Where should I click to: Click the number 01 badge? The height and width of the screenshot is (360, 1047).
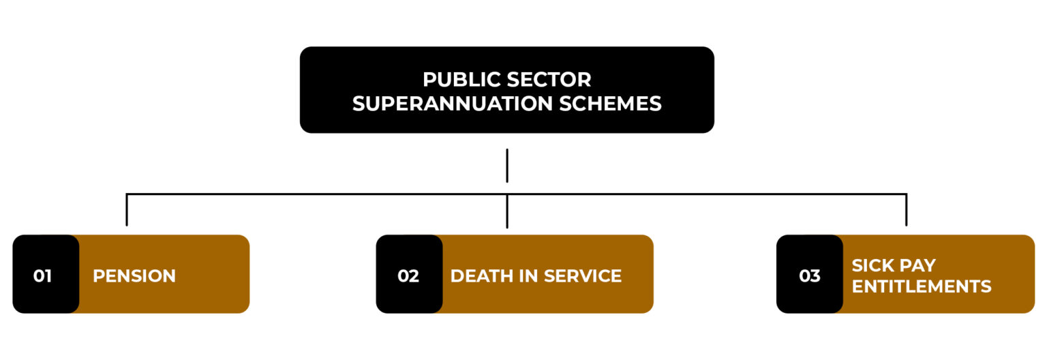(43, 276)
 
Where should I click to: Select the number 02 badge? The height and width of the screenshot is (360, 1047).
(408, 276)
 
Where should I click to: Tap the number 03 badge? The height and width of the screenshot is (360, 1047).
(809, 276)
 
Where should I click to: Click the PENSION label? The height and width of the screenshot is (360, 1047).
(134, 276)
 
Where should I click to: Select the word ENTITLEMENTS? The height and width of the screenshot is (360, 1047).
(922, 286)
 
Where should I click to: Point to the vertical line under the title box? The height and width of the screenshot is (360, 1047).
(507, 166)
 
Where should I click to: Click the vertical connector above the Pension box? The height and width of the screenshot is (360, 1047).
(127, 209)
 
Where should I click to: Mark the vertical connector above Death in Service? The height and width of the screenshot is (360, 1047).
(507, 211)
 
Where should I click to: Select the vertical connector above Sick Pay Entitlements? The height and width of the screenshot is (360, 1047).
(906, 209)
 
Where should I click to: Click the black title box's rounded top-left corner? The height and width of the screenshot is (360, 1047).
(305, 52)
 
